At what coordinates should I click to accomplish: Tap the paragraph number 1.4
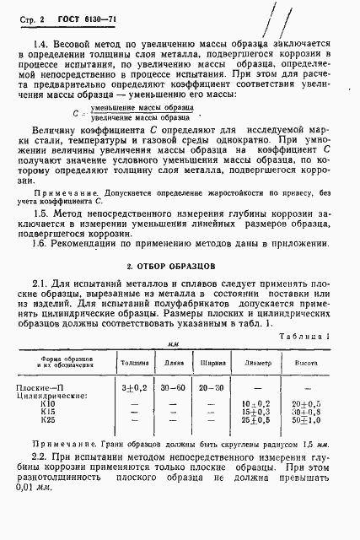point(38,40)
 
